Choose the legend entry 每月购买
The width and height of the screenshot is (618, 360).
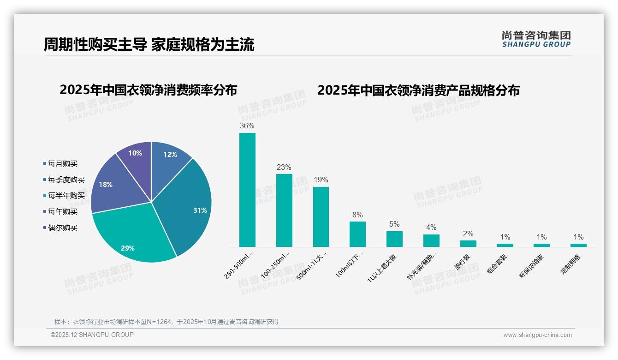[x=62, y=164]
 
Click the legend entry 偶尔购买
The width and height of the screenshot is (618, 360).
[x=62, y=228]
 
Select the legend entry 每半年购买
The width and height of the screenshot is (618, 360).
[x=66, y=196]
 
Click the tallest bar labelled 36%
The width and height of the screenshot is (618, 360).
[x=247, y=190]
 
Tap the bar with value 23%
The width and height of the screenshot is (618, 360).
[x=284, y=210]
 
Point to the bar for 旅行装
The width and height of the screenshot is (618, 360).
[x=468, y=243]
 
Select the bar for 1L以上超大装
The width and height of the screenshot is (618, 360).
[x=394, y=239]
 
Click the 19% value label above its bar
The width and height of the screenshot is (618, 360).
[x=321, y=180]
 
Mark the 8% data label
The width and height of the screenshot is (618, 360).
[x=357, y=215]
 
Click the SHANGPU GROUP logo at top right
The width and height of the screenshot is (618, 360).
[x=536, y=39]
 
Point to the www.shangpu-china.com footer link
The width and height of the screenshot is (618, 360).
[x=537, y=335]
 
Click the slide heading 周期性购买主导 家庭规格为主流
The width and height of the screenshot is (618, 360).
[x=149, y=45]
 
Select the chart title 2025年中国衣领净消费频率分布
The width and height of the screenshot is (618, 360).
[x=148, y=90]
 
